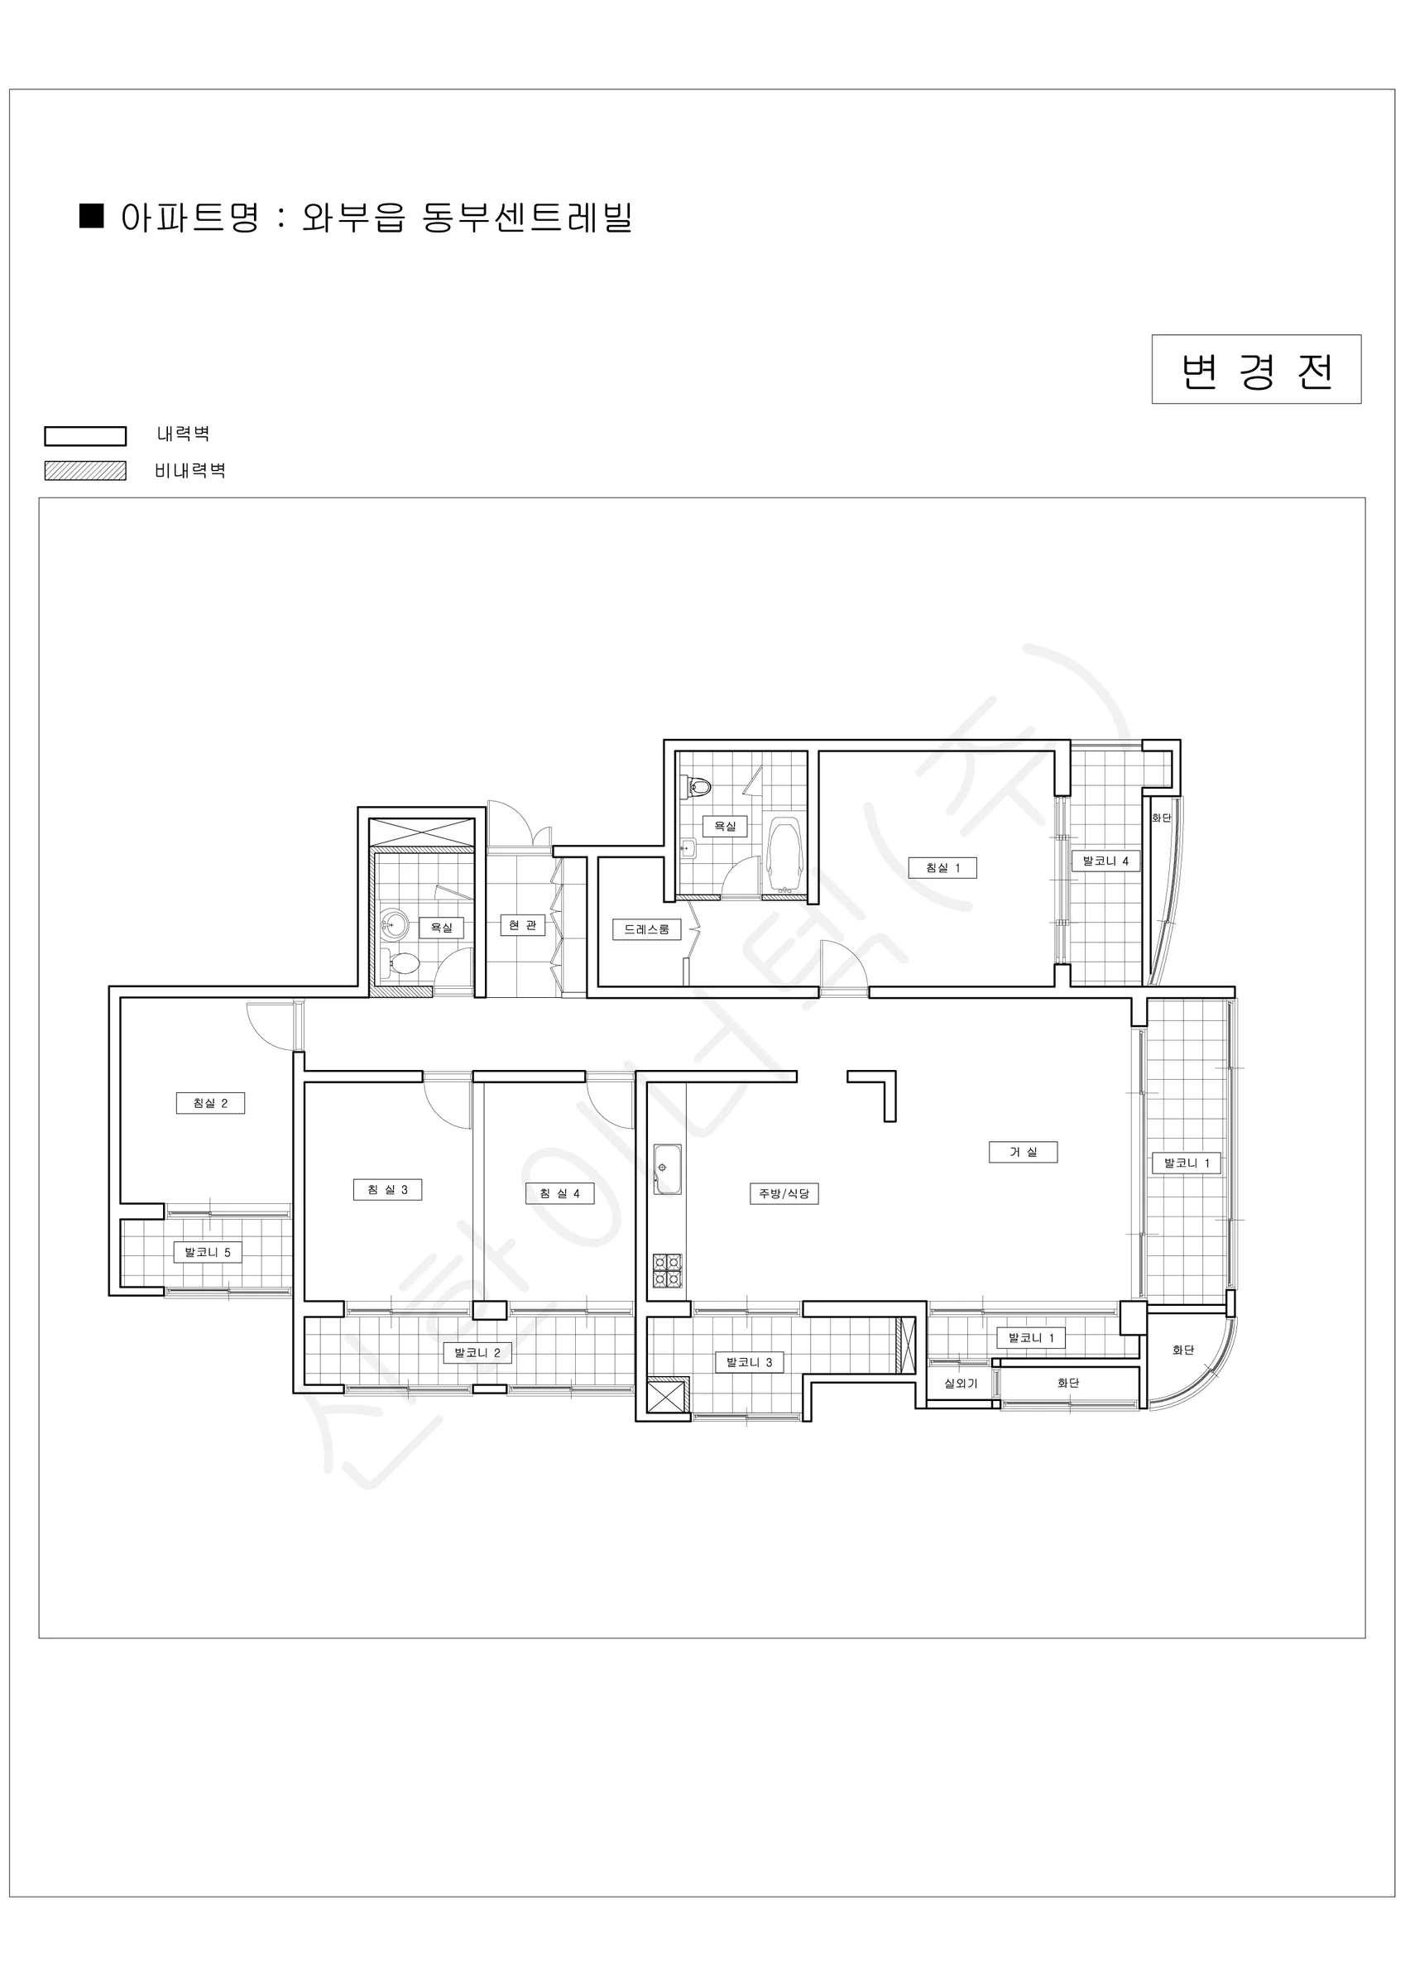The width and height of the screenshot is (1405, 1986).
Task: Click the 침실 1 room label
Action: click(942, 867)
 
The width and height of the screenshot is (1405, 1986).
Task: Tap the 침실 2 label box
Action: click(210, 1103)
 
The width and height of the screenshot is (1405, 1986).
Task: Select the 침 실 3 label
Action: click(387, 1189)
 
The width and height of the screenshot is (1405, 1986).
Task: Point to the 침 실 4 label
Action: click(559, 1194)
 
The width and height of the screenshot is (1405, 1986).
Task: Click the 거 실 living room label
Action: click(1024, 1152)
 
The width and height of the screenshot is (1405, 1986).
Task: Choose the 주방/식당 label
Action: click(784, 1194)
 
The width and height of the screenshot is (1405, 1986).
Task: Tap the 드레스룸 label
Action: click(647, 929)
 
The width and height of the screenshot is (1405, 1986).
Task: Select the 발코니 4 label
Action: click(1105, 861)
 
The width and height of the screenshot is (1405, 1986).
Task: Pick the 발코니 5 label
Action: click(208, 1252)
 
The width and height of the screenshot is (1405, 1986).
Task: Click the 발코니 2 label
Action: click(477, 1353)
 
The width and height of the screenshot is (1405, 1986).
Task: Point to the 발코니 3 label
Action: click(749, 1362)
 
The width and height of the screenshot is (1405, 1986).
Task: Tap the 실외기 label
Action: click(961, 1383)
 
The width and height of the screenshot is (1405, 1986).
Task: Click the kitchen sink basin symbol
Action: click(667, 1168)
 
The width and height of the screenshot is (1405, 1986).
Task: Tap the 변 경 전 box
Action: click(1256, 369)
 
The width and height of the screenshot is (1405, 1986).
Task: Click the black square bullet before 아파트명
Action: click(92, 215)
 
